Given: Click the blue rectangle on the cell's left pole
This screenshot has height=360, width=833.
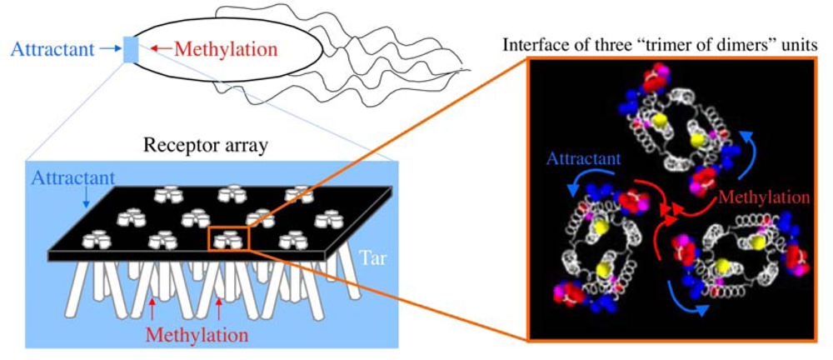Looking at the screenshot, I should (131, 49).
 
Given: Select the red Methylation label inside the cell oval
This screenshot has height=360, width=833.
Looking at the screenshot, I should (217, 50).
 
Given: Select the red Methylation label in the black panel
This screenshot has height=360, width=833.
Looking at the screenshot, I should (762, 198).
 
